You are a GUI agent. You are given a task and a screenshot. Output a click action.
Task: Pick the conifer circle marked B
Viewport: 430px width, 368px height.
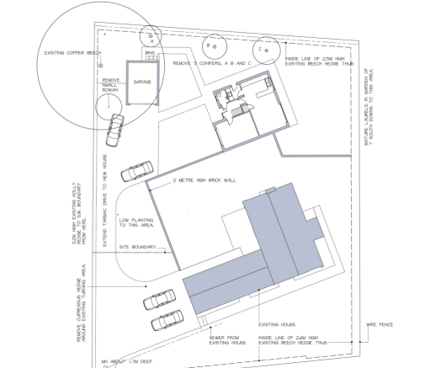click(x=210, y=45)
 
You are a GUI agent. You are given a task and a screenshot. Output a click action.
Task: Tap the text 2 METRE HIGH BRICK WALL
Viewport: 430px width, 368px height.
click(x=203, y=181)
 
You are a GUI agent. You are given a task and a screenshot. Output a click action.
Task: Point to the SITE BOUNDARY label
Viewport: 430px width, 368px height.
click(x=137, y=248)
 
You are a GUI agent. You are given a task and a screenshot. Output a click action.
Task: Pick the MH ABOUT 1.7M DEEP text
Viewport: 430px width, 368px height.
click(x=130, y=362)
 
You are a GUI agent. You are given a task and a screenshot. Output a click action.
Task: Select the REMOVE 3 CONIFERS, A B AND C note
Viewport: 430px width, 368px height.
click(x=212, y=63)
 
